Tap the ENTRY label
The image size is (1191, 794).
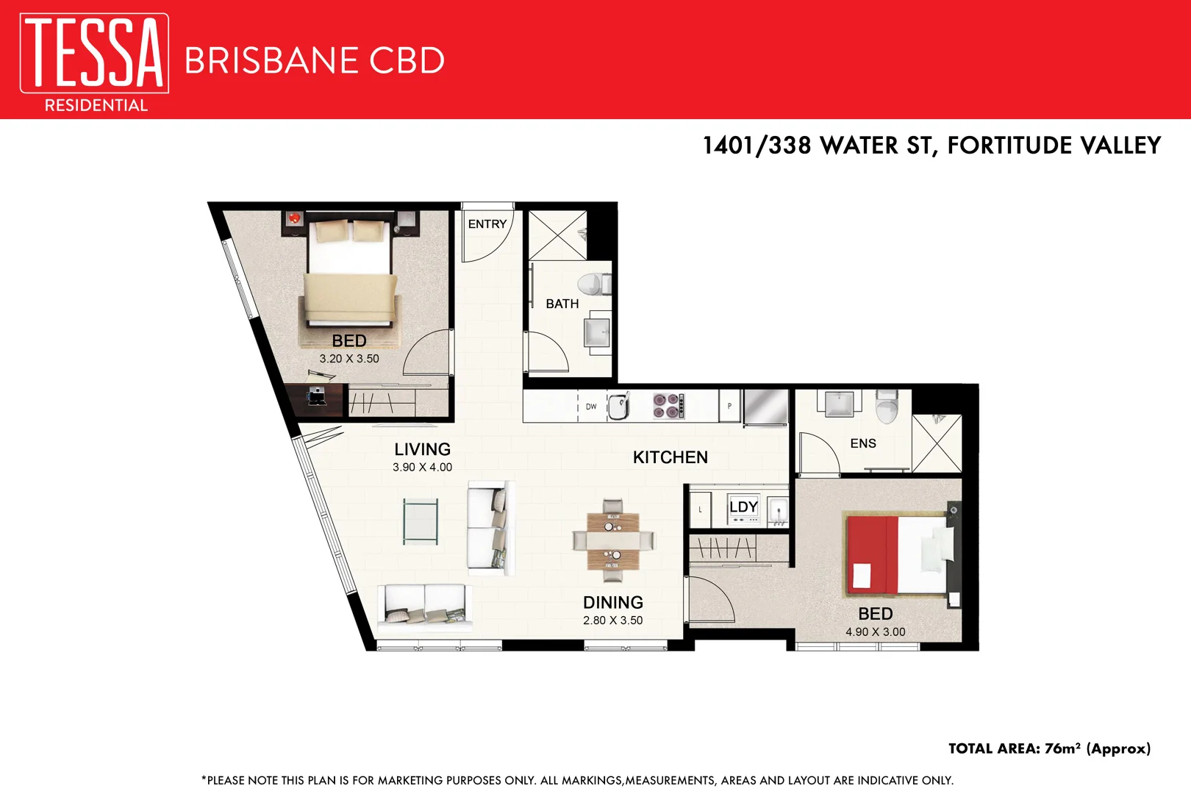pyautogui.click(x=487, y=224)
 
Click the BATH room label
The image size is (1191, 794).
pyautogui.click(x=562, y=304)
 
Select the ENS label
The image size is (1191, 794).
pyautogui.click(x=863, y=443)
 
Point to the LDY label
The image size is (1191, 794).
pyautogui.click(x=743, y=507)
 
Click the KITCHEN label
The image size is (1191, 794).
pyautogui.click(x=670, y=457)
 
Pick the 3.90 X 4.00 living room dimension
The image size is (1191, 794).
pyautogui.click(x=422, y=468)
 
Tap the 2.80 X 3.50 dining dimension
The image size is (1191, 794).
pyautogui.click(x=612, y=620)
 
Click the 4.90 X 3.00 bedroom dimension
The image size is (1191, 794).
pyautogui.click(x=875, y=632)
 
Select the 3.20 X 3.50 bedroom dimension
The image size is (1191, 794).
pyautogui.click(x=349, y=359)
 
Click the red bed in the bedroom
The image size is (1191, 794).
pyautogui.click(x=897, y=555)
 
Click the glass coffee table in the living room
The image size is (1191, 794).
pyautogui.click(x=421, y=521)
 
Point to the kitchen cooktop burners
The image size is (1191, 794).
pyautogui.click(x=668, y=406)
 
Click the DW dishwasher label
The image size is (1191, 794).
pyautogui.click(x=591, y=407)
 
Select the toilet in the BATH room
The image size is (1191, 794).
pyautogui.click(x=591, y=285)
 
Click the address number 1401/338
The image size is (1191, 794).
pyautogui.click(x=757, y=146)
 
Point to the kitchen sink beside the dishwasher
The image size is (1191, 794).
pyautogui.click(x=619, y=405)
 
